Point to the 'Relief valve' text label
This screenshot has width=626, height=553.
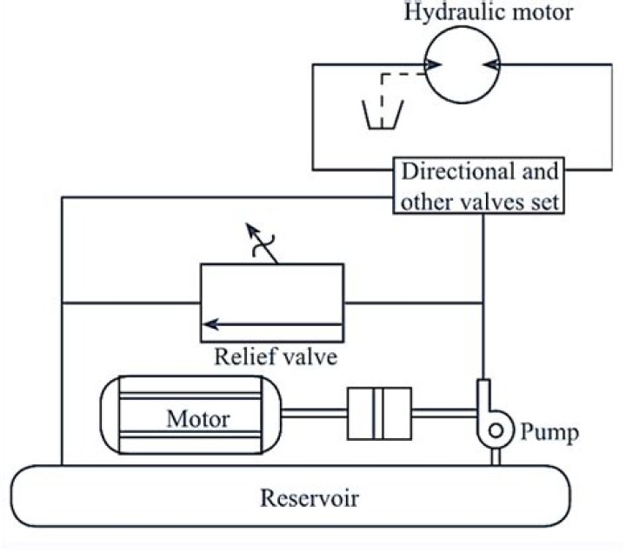[275, 358]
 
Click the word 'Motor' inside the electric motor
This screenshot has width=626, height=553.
[198, 419]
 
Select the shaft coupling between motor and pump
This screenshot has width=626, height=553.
[378, 414]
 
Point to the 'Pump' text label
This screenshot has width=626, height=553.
[550, 432]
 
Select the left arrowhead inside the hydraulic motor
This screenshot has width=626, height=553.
[432, 64]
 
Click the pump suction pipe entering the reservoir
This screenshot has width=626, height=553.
[496, 456]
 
